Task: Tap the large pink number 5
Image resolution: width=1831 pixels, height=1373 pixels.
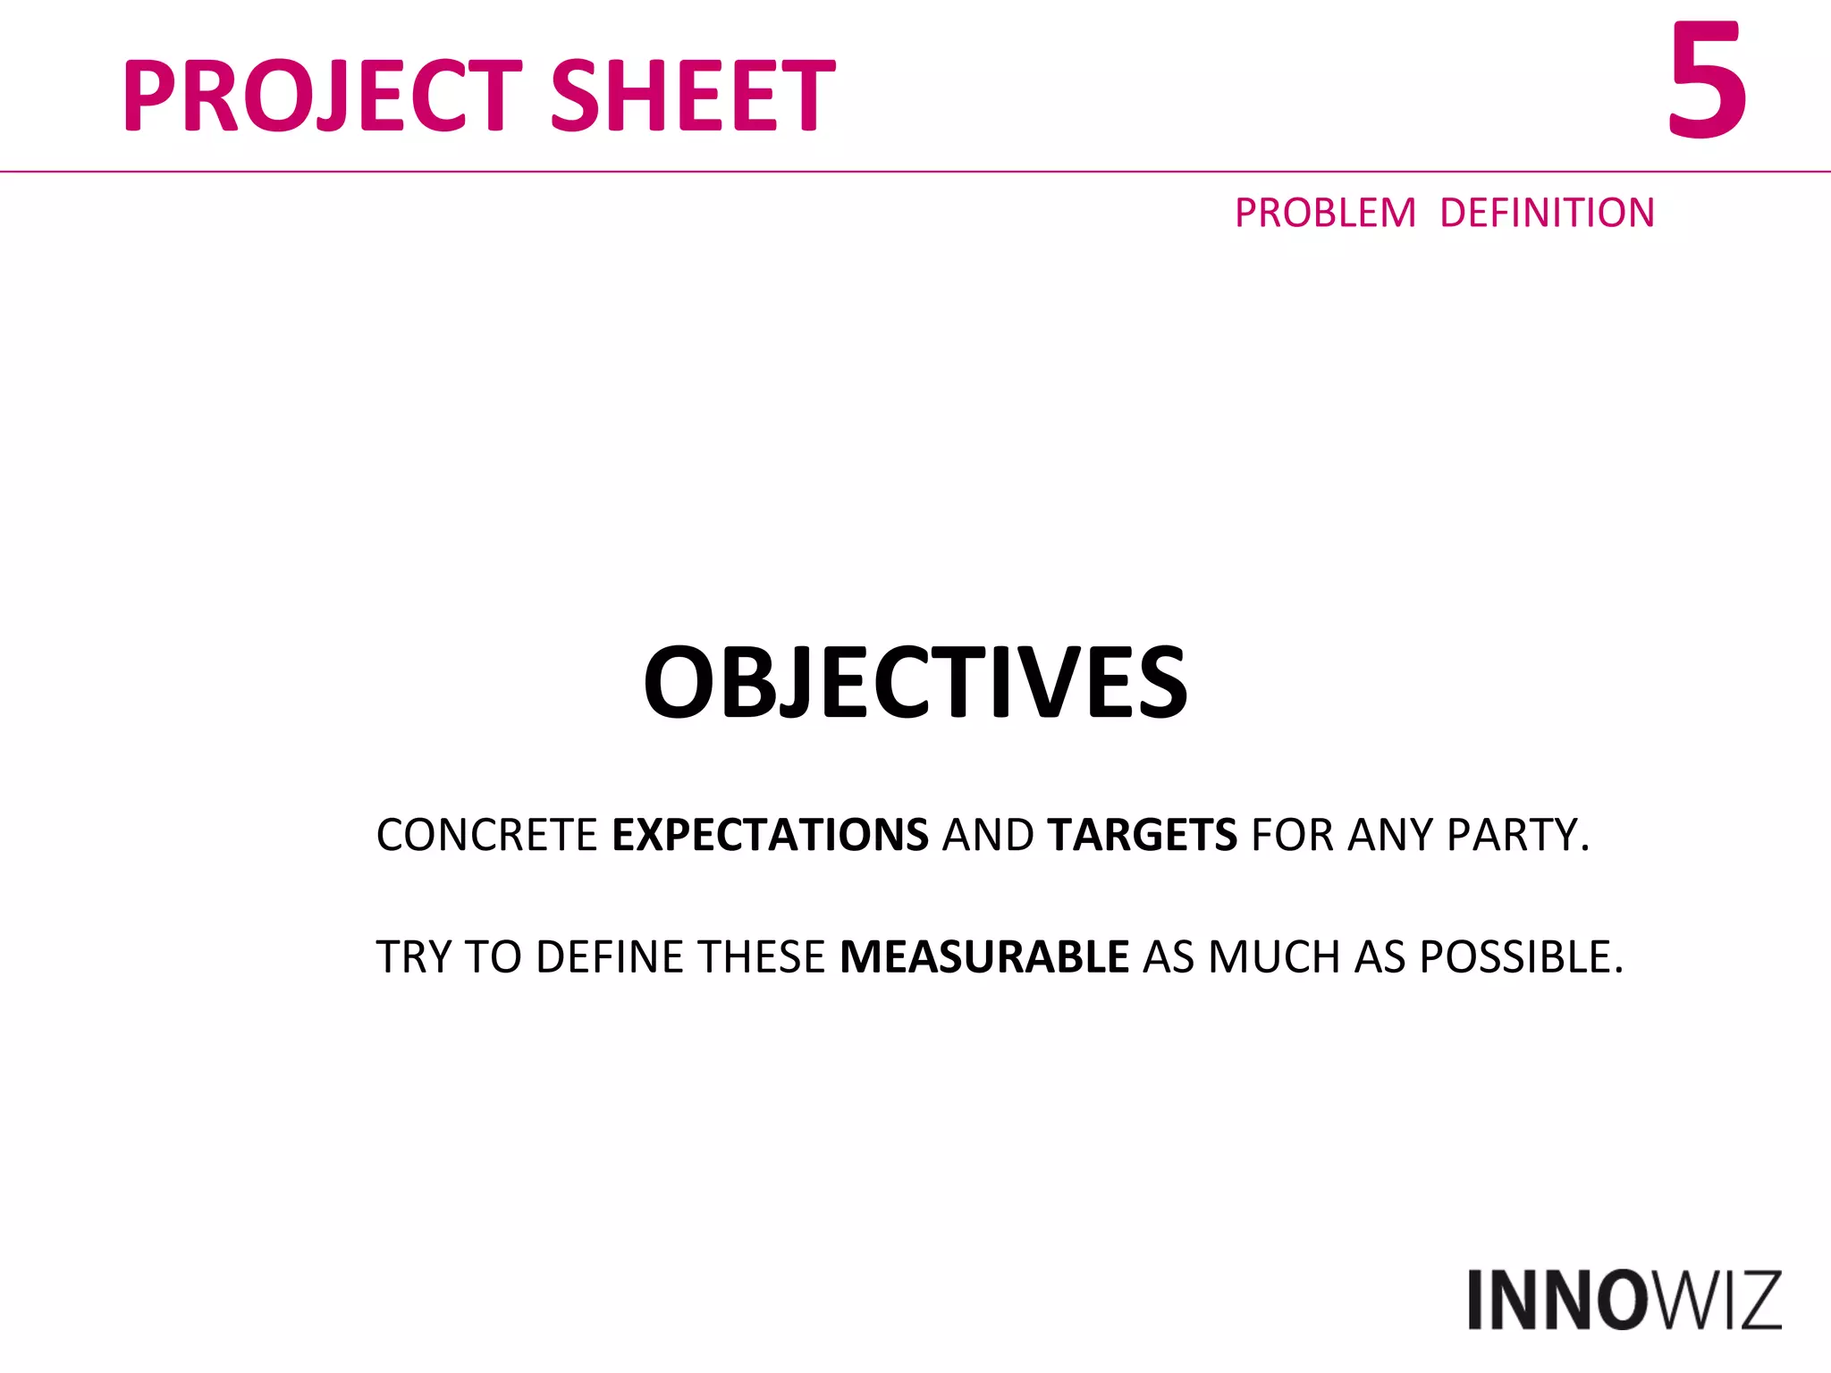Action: click(x=1706, y=82)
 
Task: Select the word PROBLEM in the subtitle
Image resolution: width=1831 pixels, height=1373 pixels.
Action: click(x=1325, y=213)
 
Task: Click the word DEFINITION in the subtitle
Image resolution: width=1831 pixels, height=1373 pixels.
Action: click(x=1547, y=213)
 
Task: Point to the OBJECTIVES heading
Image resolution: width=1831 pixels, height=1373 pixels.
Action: click(x=915, y=683)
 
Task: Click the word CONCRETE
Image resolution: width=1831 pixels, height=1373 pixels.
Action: click(x=486, y=835)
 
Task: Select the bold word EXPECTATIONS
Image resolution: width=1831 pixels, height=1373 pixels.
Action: click(x=770, y=835)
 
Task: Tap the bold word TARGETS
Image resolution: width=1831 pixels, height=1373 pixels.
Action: click(x=1143, y=835)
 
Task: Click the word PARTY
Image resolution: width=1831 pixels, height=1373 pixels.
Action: click(x=1518, y=835)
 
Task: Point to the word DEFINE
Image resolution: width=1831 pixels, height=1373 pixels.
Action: click(x=612, y=956)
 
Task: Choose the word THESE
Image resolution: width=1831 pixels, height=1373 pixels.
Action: click(x=762, y=956)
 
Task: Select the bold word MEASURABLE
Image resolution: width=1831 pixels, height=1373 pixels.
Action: click(x=984, y=956)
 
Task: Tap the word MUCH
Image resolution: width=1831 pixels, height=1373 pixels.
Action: click(x=1273, y=956)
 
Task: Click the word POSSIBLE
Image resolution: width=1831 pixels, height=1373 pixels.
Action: click(x=1520, y=956)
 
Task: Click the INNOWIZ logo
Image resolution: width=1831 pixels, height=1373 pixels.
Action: click(x=1624, y=1300)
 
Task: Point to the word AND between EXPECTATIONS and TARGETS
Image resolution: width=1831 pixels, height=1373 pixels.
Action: click(x=988, y=835)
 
